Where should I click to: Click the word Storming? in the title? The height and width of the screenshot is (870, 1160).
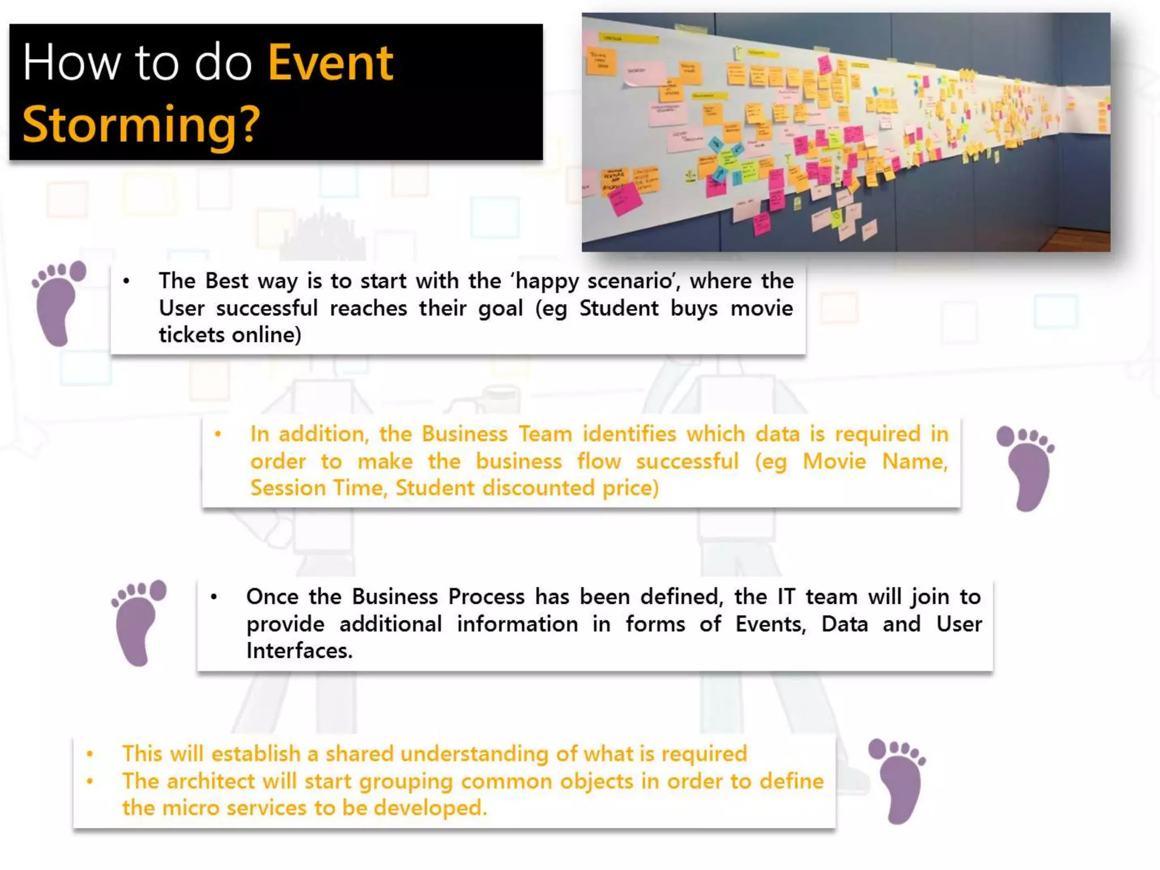pos(141,125)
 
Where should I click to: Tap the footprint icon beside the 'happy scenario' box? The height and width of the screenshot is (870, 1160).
pos(59,302)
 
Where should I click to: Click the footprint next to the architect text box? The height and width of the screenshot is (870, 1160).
pos(898,781)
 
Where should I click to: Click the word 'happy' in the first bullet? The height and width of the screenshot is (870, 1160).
pos(548,281)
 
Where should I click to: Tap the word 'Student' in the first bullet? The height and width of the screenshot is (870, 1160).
pos(619,308)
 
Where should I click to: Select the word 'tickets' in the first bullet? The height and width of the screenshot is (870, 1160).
pos(191,335)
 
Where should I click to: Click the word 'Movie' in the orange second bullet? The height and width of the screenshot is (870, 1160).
pos(834,461)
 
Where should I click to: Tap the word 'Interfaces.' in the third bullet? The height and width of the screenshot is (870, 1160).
pos(299,651)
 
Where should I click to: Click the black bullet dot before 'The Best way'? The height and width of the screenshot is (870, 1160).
pos(126,281)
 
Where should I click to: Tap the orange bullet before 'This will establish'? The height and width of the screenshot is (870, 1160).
pos(89,754)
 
